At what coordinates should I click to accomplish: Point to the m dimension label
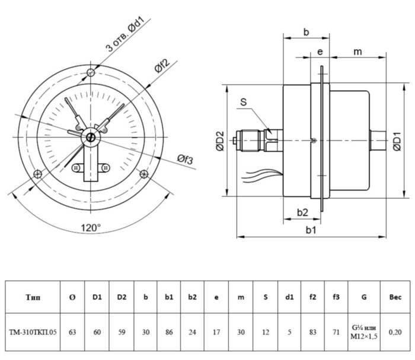coord(357,52)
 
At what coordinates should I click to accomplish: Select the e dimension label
coord(320,52)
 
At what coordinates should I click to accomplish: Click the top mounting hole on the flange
coord(90,72)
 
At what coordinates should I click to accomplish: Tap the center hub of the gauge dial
coord(90,138)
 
